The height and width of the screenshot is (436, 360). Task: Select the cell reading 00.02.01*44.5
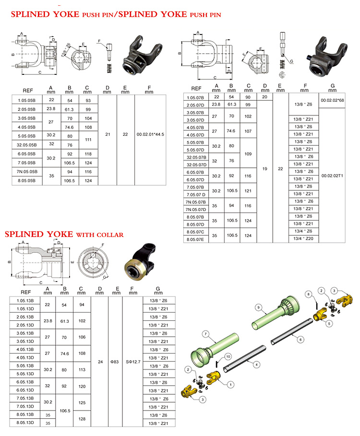[150, 135]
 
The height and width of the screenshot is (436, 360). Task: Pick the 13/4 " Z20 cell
[303, 239]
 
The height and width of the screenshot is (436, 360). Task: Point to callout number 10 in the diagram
[228, 356]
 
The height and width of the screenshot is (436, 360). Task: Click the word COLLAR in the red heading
[107, 235]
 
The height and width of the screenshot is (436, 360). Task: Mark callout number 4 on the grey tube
[256, 365]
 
